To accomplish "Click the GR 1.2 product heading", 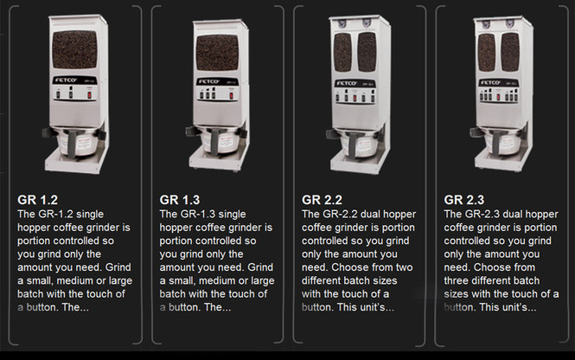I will (35, 198).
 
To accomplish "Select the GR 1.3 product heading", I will (178, 198).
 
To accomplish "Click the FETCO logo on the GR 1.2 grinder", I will (66, 80).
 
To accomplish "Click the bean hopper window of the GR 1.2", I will (74, 49).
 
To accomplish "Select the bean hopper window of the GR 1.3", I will (217, 52).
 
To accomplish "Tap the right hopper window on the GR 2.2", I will (367, 52).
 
